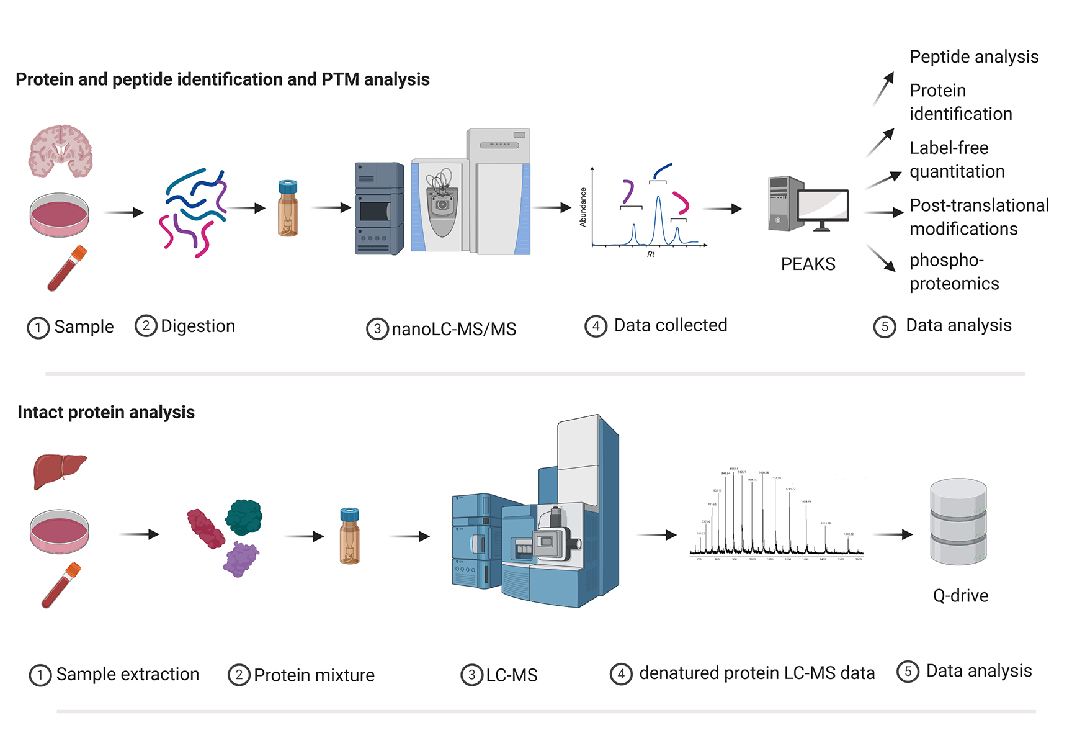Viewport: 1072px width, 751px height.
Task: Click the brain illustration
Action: [x=60, y=151]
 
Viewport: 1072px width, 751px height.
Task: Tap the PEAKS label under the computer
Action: [x=808, y=264]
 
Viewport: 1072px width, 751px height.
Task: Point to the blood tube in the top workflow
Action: [x=67, y=269]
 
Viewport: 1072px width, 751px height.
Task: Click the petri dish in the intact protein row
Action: [x=60, y=531]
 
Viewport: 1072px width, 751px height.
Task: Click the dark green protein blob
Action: [x=244, y=517]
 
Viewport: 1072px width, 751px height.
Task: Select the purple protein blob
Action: [x=241, y=558]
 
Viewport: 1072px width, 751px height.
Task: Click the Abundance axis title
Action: [x=583, y=207]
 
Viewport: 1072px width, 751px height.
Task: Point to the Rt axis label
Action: [x=651, y=254]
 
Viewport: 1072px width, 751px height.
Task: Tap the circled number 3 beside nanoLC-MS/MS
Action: [x=377, y=329]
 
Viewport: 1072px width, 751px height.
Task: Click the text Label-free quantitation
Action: [x=957, y=160]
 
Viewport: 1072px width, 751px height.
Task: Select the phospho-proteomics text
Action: [x=954, y=271]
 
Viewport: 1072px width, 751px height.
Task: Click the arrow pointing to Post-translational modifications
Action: [x=883, y=212]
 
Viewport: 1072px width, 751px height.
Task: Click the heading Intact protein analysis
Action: [x=106, y=412]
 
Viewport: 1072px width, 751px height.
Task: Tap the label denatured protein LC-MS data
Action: [x=756, y=673]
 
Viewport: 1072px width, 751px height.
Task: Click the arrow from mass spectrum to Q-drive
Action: [x=893, y=534]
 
